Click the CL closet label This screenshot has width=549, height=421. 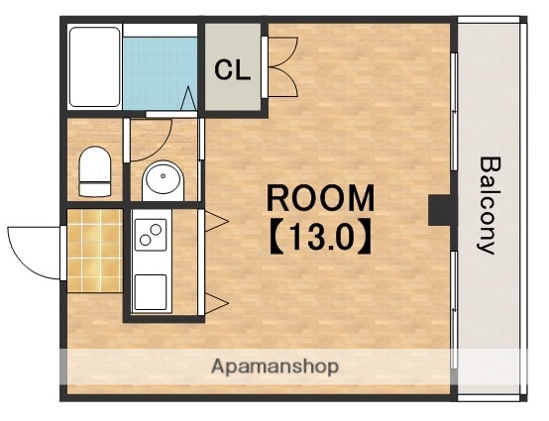coord(233,70)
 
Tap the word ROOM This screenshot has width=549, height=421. coord(320,198)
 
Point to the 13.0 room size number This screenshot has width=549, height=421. coord(320,237)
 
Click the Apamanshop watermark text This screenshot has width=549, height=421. coord(274,367)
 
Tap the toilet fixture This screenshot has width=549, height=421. coord(95,171)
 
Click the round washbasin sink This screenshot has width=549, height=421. coord(163,180)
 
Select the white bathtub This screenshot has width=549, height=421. coord(94,66)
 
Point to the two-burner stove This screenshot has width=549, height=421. coord(151,235)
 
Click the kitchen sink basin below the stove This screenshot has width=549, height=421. coord(151,292)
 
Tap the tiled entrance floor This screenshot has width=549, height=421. coord(95,251)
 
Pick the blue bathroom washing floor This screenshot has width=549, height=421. coord(160,73)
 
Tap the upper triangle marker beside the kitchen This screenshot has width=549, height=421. coord(216,221)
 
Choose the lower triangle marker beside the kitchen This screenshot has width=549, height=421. coord(216,303)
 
